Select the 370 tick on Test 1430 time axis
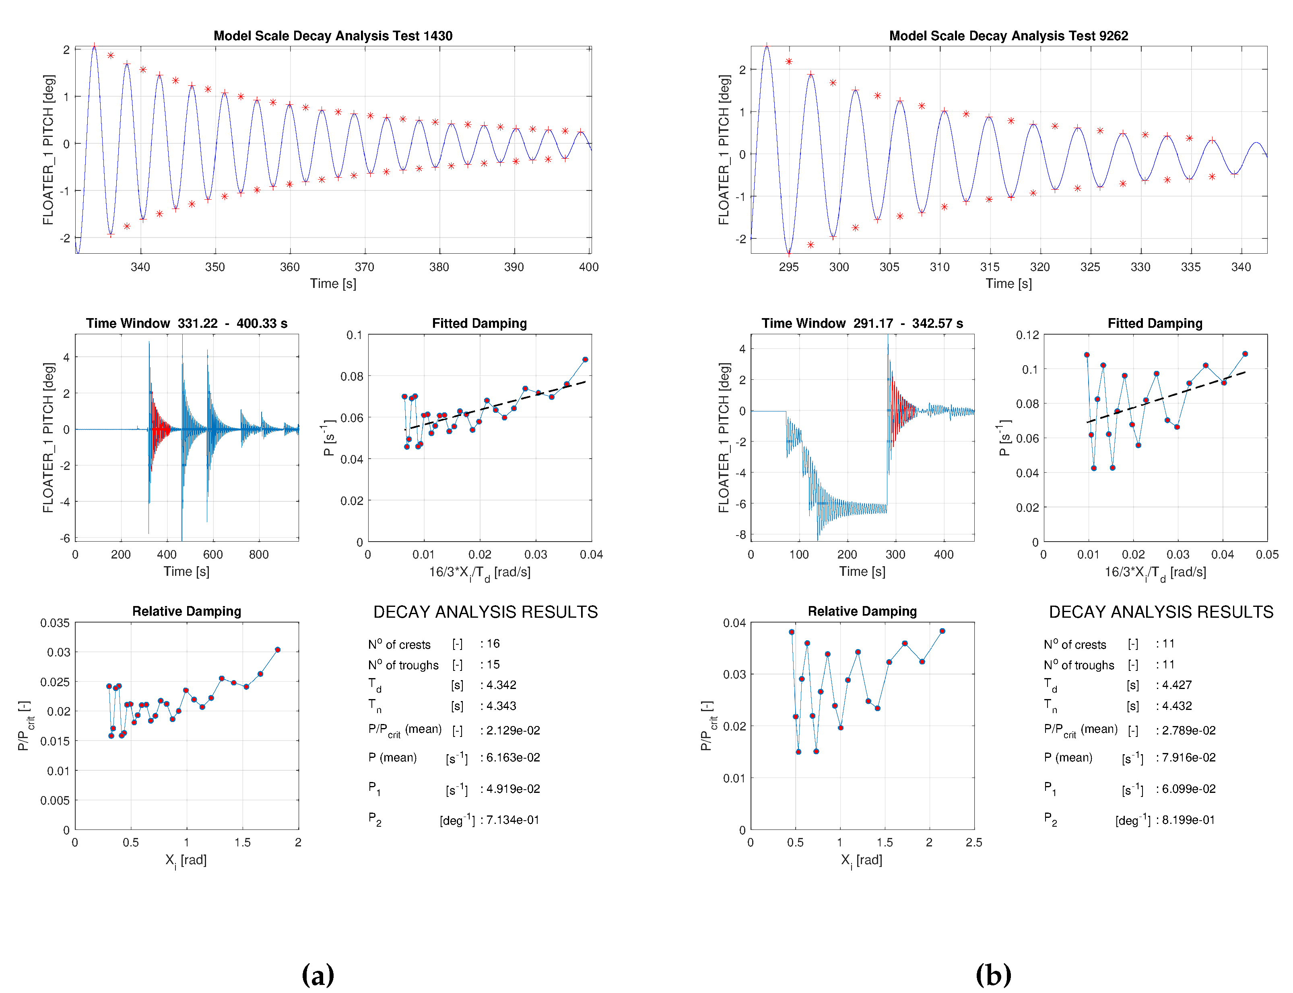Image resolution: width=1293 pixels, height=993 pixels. (x=365, y=267)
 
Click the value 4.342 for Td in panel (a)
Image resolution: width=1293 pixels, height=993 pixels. (x=501, y=685)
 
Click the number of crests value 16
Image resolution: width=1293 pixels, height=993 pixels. (x=493, y=643)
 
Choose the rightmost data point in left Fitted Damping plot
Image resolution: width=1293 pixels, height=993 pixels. (x=585, y=359)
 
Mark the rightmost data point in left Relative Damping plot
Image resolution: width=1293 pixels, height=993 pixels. (x=278, y=650)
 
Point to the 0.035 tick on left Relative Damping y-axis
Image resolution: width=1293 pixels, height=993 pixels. (x=55, y=623)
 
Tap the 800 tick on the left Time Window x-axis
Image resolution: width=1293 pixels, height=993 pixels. (x=259, y=554)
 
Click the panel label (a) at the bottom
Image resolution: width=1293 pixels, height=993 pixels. (x=318, y=974)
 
